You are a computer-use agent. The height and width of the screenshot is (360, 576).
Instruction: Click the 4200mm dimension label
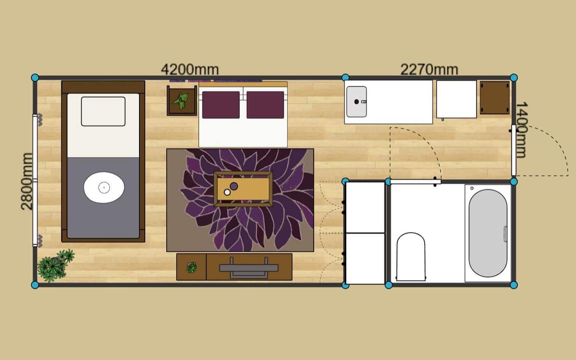(190, 70)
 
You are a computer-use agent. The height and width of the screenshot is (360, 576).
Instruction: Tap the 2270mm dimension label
(429, 70)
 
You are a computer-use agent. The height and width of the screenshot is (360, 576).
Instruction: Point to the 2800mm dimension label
(27, 181)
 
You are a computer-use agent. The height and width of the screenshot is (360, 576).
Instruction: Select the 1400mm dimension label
(522, 130)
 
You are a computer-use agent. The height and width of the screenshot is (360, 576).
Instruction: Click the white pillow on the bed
(103, 111)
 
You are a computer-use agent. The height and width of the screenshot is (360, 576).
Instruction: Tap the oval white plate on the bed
(104, 188)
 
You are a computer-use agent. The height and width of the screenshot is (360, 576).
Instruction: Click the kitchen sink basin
(356, 102)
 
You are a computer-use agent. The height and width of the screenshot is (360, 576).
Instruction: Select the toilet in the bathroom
(411, 257)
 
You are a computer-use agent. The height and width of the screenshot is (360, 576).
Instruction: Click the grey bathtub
(488, 233)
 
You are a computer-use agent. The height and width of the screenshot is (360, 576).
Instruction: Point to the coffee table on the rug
(243, 189)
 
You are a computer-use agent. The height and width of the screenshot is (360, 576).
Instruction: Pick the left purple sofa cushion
(221, 105)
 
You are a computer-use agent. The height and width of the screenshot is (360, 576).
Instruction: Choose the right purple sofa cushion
(265, 105)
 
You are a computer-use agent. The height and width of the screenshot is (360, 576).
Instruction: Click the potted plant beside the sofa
(181, 100)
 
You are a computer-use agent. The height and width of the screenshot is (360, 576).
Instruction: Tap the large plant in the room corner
(55, 265)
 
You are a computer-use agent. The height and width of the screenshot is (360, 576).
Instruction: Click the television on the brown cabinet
(249, 268)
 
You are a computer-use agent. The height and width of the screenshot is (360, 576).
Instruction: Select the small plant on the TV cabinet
(192, 267)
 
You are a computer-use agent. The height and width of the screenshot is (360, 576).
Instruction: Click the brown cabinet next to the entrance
(495, 98)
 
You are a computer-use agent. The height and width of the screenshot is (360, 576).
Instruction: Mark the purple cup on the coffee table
(234, 186)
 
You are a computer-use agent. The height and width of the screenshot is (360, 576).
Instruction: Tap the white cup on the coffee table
(227, 192)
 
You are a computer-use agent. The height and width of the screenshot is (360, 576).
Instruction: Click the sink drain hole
(356, 102)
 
